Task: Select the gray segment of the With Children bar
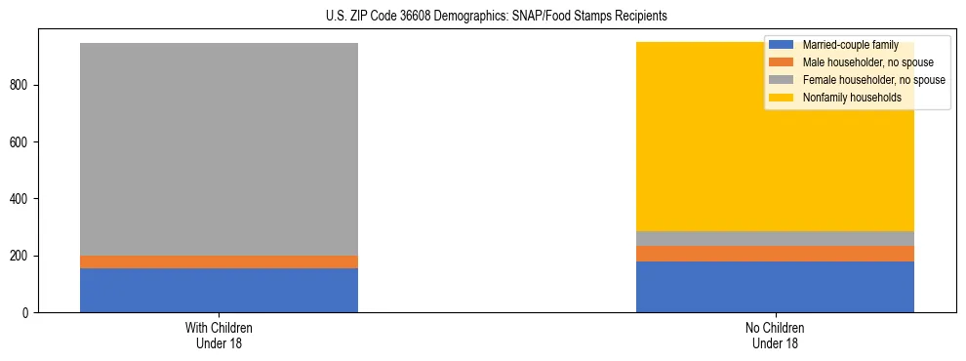pyautogui.click(x=219, y=146)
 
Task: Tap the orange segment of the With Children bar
pyautogui.click(x=219, y=261)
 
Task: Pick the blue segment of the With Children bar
pyautogui.click(x=219, y=290)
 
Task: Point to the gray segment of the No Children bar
pyautogui.click(x=775, y=238)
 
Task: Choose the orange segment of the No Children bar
pyautogui.click(x=775, y=254)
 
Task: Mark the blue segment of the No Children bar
pyautogui.click(x=775, y=287)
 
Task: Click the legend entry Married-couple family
pyautogui.click(x=850, y=45)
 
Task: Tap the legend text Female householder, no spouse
pyautogui.click(x=873, y=80)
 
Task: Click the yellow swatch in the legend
pyautogui.click(x=782, y=98)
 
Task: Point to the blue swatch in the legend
pyautogui.click(x=782, y=45)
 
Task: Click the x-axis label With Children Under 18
pyautogui.click(x=219, y=335)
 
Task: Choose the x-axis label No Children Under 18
pyautogui.click(x=775, y=335)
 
